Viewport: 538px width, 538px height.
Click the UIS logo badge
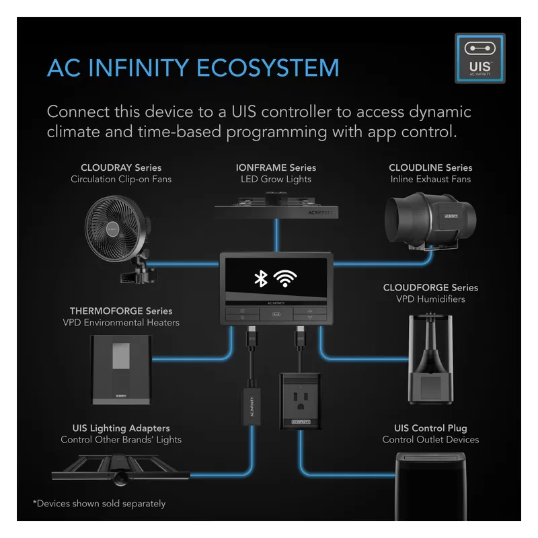coord(479,59)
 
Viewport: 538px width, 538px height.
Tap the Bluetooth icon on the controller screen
coord(258,279)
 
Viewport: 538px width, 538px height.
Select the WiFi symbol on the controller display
coord(286,279)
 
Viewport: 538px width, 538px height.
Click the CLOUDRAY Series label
coord(121,167)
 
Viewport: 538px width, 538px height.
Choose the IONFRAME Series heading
coord(276,167)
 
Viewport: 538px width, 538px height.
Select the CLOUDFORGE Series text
coord(430,287)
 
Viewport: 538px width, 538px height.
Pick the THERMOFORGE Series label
coord(121,311)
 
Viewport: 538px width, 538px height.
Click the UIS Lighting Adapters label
coord(121,428)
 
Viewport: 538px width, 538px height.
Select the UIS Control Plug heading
coord(430,428)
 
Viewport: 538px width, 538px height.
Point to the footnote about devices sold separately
coord(99,503)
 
